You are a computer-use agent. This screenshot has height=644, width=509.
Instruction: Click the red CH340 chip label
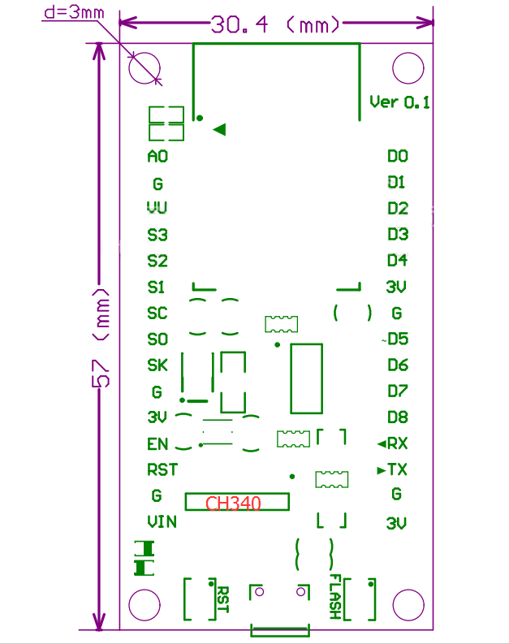234,504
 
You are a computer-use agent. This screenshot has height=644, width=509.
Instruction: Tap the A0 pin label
157,157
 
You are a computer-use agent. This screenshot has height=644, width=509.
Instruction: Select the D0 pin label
398,156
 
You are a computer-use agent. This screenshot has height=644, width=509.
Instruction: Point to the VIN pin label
162,521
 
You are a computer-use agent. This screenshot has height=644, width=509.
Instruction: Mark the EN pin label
157,444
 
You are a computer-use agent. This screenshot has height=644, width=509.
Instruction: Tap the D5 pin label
398,339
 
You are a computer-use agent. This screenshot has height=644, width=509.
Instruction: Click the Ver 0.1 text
399,102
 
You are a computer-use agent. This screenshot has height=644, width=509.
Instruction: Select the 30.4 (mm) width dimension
275,25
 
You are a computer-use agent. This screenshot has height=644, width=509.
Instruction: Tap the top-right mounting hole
408,67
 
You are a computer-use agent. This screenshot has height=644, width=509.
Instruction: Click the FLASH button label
334,597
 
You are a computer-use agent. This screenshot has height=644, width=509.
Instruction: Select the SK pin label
157,365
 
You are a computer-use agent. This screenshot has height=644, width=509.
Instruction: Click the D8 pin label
398,417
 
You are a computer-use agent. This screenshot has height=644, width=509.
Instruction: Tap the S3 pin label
157,236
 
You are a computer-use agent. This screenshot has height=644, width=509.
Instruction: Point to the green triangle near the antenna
219,129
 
